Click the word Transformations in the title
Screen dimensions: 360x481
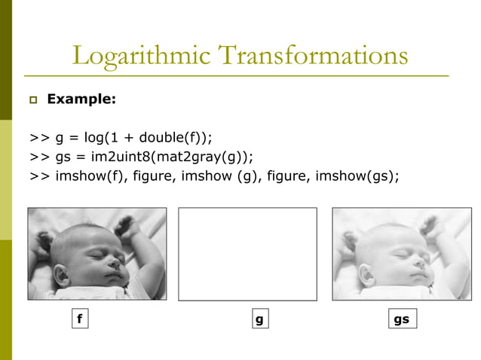tap(308, 56)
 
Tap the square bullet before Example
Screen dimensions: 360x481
tap(34, 99)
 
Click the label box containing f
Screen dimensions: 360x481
tap(78, 319)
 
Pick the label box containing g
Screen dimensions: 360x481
tap(259, 319)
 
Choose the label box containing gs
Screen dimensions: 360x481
tap(401, 319)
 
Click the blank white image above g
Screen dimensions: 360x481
tap(247, 253)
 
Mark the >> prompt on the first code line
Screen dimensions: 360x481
tap(40, 138)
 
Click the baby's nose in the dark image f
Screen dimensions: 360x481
tap(115, 263)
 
